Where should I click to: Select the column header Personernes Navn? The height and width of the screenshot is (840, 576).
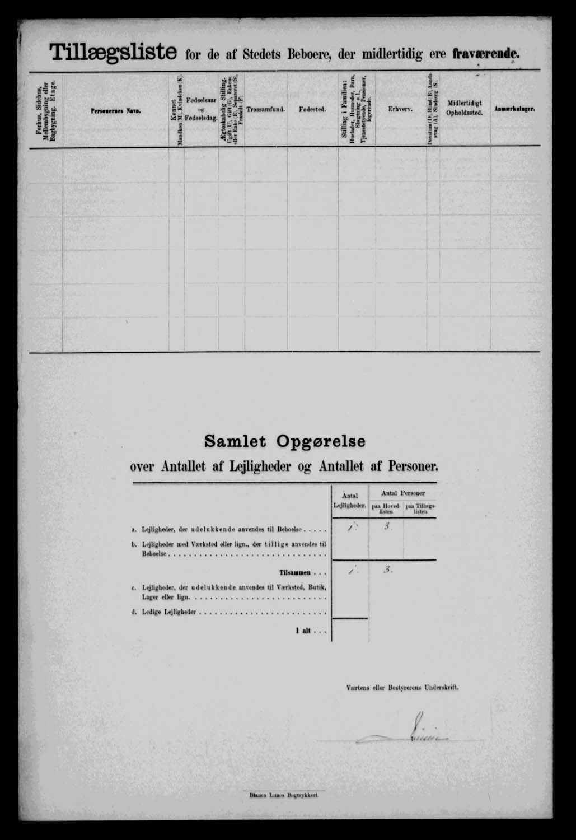click(x=116, y=111)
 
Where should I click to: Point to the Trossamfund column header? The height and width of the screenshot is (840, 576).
click(x=266, y=110)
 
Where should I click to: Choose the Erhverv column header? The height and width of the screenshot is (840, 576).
click(x=400, y=110)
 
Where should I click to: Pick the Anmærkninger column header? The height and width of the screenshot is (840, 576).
click(x=514, y=110)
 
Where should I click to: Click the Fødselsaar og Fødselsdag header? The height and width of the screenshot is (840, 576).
click(x=201, y=110)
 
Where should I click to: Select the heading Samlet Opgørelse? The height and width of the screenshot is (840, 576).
click(x=285, y=441)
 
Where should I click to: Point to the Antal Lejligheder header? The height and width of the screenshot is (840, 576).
click(x=350, y=501)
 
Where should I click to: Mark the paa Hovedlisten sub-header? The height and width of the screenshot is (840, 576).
click(x=386, y=509)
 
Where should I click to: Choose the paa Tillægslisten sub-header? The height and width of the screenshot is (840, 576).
click(x=420, y=509)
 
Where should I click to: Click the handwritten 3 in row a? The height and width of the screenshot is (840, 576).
click(x=386, y=527)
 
